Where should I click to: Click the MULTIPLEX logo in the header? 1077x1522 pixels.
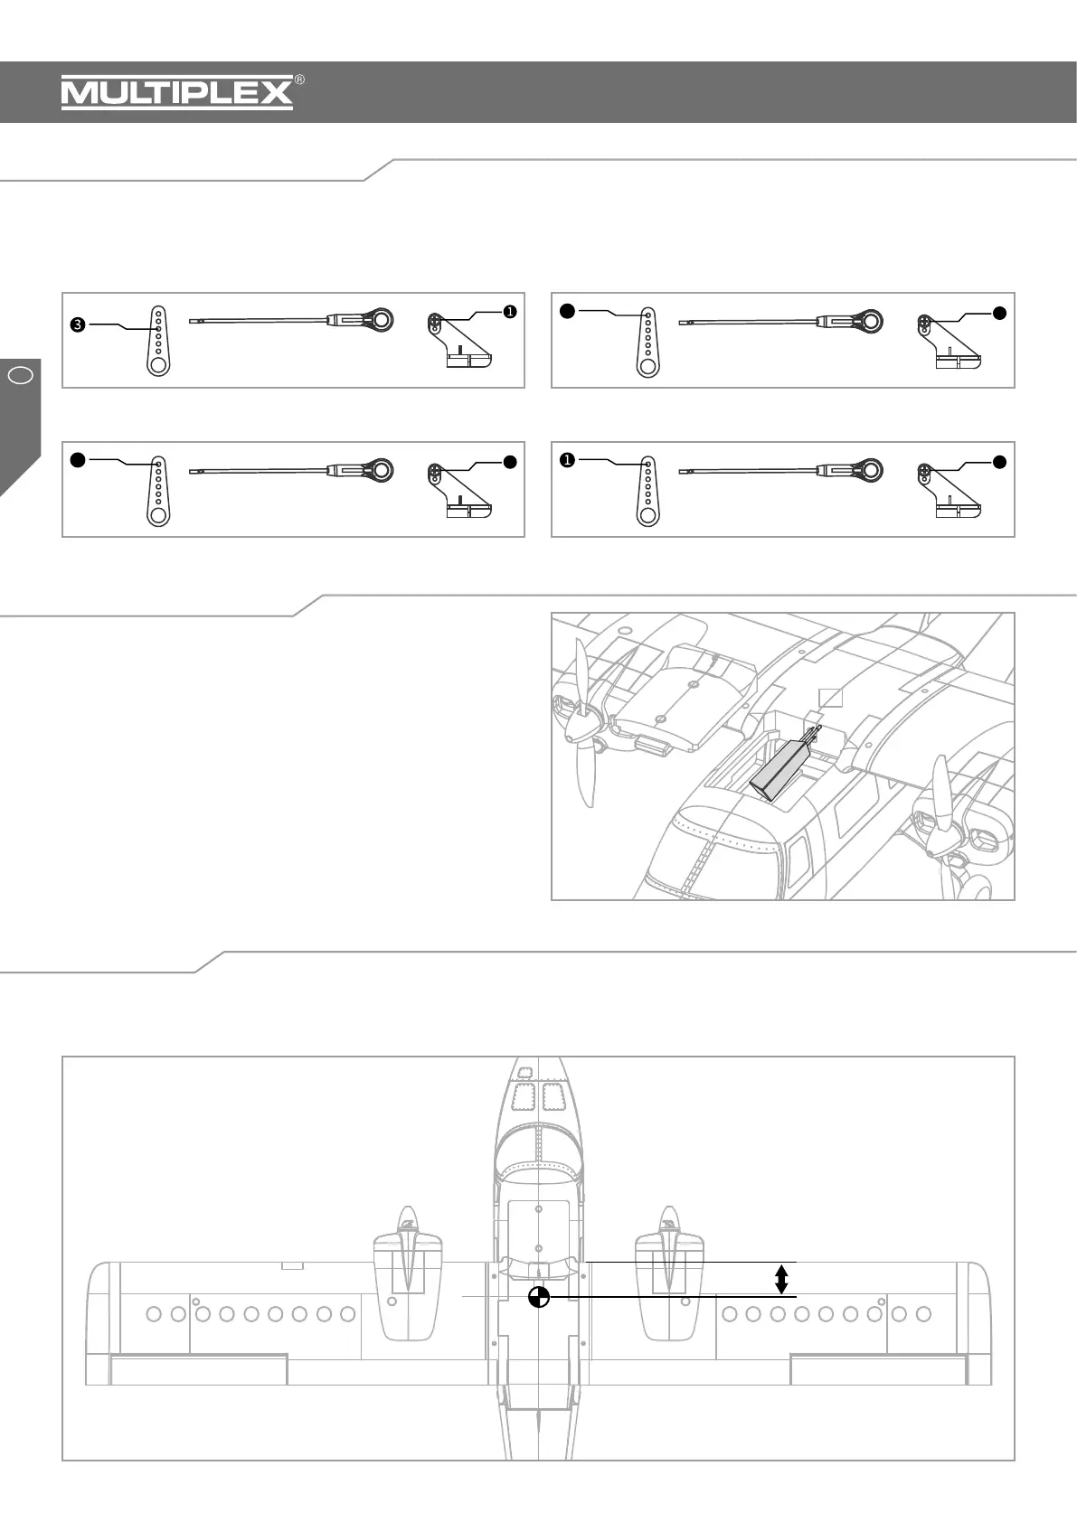(x=177, y=93)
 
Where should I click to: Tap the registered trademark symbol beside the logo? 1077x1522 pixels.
(x=299, y=80)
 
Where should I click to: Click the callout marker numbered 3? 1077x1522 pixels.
(x=78, y=325)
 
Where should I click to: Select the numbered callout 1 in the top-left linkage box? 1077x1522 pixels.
(x=510, y=312)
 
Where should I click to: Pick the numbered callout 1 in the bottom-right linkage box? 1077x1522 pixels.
(x=567, y=461)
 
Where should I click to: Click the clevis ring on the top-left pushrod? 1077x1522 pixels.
(x=381, y=319)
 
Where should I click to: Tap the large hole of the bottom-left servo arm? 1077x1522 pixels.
(x=158, y=515)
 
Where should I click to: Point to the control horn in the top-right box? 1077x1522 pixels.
(x=950, y=343)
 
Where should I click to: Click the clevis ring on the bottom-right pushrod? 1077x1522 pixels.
(x=870, y=470)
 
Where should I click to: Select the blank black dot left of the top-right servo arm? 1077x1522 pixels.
(x=567, y=312)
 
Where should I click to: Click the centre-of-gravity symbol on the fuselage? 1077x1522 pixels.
(x=539, y=1297)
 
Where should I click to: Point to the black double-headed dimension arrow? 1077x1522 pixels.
(x=782, y=1279)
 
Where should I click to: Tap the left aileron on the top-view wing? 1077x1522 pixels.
(x=199, y=1369)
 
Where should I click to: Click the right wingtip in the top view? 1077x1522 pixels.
(x=978, y=1324)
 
